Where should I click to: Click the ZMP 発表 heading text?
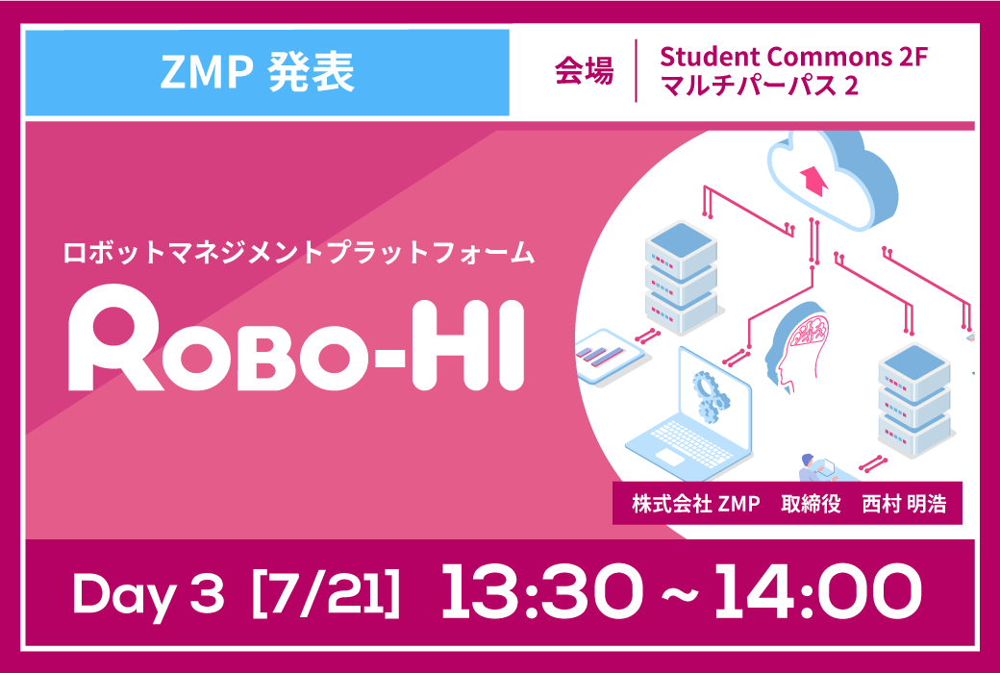pyautogui.click(x=257, y=73)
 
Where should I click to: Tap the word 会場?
pyautogui.click(x=584, y=71)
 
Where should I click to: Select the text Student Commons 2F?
pyautogui.click(x=792, y=58)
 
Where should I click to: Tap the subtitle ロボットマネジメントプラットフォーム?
pyautogui.click(x=298, y=253)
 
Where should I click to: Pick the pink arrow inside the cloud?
pyautogui.click(x=812, y=178)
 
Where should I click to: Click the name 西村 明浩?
pyautogui.click(x=904, y=505)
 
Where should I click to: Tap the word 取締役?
pyautogui.click(x=810, y=505)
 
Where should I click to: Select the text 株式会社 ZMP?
pyautogui.click(x=696, y=505)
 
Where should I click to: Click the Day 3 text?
pyautogui.click(x=149, y=594)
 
